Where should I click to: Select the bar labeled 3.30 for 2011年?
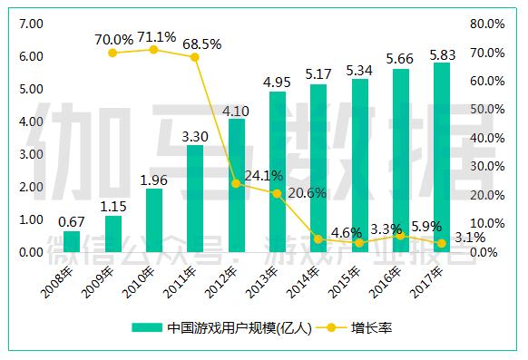[195, 199]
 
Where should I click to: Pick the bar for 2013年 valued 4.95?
[278, 171]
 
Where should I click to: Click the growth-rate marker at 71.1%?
[153, 49]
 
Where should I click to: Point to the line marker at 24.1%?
[236, 183]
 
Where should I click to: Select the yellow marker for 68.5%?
[194, 57]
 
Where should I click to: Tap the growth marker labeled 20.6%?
[278, 193]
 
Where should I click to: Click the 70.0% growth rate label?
[112, 39]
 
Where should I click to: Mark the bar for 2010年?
[153, 220]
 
